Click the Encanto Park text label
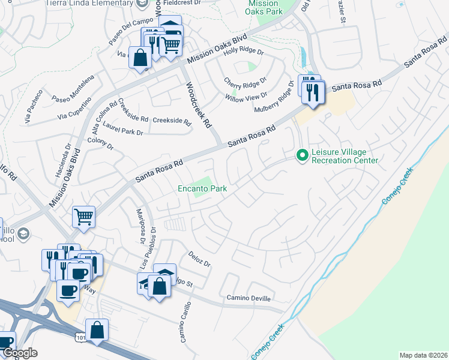pos(202,188)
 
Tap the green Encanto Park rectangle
pos(205,182)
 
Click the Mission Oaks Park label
pos(263,7)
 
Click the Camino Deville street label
pos(249,298)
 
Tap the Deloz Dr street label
pos(199,259)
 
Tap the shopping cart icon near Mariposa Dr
pos(83,217)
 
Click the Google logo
pos(20,353)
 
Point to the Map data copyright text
pos(423,355)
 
